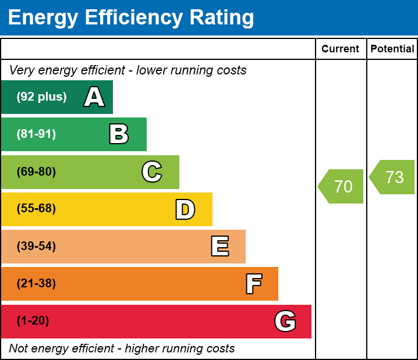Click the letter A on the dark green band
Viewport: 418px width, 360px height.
coord(94,97)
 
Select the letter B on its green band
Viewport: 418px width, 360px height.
coord(119,134)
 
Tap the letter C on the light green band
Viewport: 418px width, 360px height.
coord(152,172)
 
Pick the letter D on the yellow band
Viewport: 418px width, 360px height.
coord(185,209)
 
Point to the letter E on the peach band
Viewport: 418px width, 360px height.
coord(219,247)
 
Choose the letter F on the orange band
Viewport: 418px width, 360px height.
coord(253,284)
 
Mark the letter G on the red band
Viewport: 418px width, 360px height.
coord(285,321)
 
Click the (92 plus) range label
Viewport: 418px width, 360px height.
coord(41,97)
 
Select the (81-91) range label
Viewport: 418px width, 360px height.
coord(36,134)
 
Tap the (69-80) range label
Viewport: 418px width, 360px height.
coord(36,172)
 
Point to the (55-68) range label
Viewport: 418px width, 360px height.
coord(36,209)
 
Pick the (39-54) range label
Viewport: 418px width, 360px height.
coord(36,247)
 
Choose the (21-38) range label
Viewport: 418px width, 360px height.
coord(36,284)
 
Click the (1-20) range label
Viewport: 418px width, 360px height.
coord(33,321)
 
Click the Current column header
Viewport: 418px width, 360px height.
coord(341,49)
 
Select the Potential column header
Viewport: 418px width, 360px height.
coord(392,49)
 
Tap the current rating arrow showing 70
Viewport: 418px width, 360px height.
coord(342,187)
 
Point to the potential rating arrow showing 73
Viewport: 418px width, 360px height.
coord(393,177)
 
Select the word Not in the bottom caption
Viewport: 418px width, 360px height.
coord(19,349)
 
